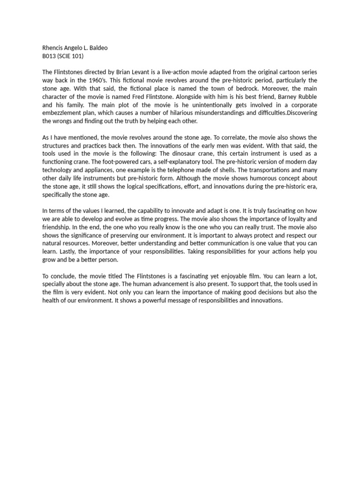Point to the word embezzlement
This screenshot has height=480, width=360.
pyautogui.click(x=62, y=113)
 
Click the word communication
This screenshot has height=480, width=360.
pyautogui.click(x=223, y=243)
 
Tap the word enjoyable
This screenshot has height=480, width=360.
pyautogui.click(x=234, y=276)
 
